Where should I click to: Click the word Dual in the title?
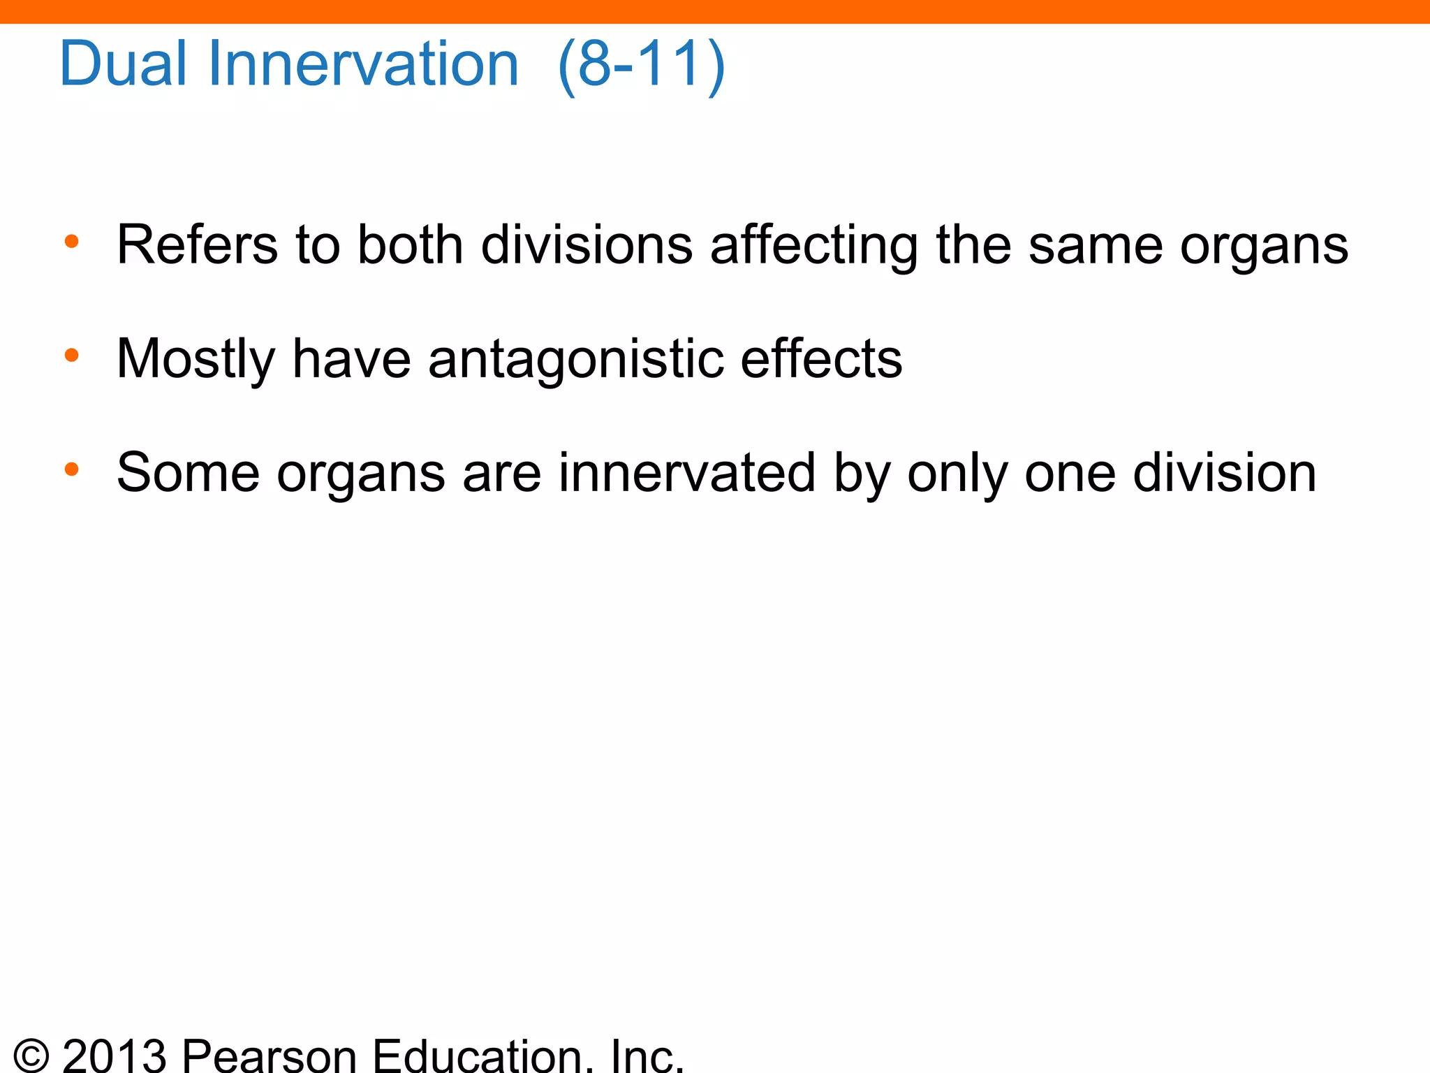click(x=124, y=64)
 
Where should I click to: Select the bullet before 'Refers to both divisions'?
click(x=71, y=242)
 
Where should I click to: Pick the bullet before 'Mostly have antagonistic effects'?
click(x=71, y=356)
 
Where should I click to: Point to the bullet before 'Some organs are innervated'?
click(x=71, y=469)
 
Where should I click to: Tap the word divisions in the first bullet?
click(x=587, y=244)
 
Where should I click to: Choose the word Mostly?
click(x=196, y=359)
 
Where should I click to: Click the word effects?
click(x=821, y=358)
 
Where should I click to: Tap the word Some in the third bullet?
click(x=188, y=473)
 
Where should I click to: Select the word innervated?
click(x=686, y=473)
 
